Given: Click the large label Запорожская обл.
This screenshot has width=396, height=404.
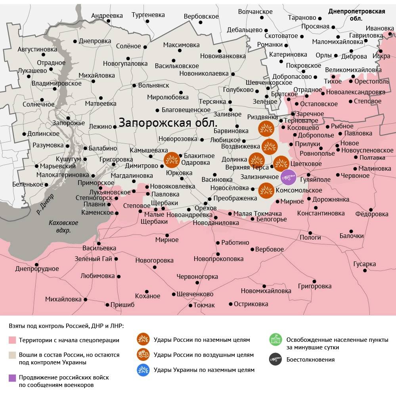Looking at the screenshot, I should pyautogui.click(x=168, y=122).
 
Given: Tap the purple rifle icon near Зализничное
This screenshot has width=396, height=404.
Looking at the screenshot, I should pyautogui.click(x=288, y=177).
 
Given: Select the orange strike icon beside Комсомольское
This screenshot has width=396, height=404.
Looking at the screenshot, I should pyautogui.click(x=266, y=191).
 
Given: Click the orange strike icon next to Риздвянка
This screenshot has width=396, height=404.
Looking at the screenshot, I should pyautogui.click(x=266, y=129).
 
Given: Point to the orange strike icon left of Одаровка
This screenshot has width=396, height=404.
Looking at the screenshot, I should pyautogui.click(x=172, y=160).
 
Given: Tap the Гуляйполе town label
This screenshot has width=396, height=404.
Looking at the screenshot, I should pyautogui.click(x=316, y=179).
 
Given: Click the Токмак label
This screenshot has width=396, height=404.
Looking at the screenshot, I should pyautogui.click(x=204, y=305).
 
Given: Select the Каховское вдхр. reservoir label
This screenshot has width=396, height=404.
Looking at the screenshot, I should pyautogui.click(x=63, y=227).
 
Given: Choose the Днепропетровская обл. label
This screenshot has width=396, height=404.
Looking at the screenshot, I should pyautogui.click(x=357, y=15).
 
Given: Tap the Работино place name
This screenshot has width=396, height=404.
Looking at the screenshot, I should pyautogui.click(x=235, y=242).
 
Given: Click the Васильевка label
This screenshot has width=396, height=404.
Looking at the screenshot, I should pyautogui.click(x=99, y=248).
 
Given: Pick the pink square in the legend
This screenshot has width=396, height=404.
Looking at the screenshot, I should pyautogui.click(x=12, y=340).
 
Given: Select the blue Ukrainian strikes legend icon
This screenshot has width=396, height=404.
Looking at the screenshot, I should pyautogui.click(x=143, y=370).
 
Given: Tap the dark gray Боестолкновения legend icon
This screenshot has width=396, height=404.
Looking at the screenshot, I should pyautogui.click(x=275, y=360).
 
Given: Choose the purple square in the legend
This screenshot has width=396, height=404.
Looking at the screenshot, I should pyautogui.click(x=12, y=378).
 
